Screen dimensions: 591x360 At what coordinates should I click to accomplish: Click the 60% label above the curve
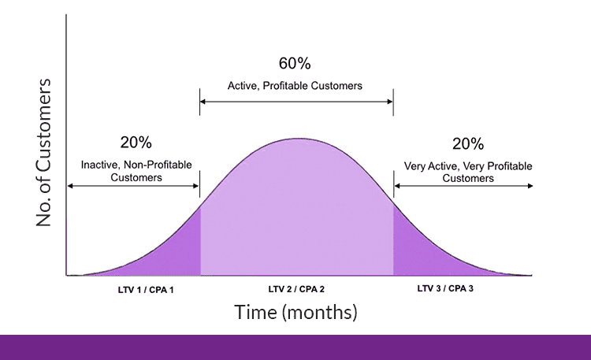pos(295,63)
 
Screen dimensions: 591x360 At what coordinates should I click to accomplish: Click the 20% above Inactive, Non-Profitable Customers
pos(136,143)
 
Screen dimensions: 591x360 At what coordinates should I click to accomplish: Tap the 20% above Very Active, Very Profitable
pos(468,143)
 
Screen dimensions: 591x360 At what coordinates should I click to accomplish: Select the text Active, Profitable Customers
pos(295,86)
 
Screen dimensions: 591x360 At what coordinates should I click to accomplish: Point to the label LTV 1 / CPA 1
pos(146,290)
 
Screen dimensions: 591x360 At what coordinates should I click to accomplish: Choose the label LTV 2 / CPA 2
pos(296,289)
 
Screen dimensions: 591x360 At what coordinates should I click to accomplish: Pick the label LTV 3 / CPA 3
pos(445,288)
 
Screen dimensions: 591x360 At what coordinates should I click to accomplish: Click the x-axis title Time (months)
pos(295,312)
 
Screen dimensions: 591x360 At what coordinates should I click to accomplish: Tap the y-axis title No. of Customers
pos(43,152)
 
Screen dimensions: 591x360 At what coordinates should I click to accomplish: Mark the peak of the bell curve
pos(298,139)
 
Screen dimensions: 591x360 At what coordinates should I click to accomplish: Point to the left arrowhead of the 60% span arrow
pos(203,102)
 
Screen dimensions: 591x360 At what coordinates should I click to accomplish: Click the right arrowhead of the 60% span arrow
pos(390,102)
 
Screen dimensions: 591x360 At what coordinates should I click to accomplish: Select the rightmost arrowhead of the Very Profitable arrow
pos(530,186)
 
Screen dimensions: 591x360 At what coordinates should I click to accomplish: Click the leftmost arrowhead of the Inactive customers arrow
pos(70,186)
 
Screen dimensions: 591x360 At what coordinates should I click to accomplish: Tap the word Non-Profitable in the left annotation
pos(158,165)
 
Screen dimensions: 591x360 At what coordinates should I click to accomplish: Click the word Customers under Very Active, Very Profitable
pos(468,178)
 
